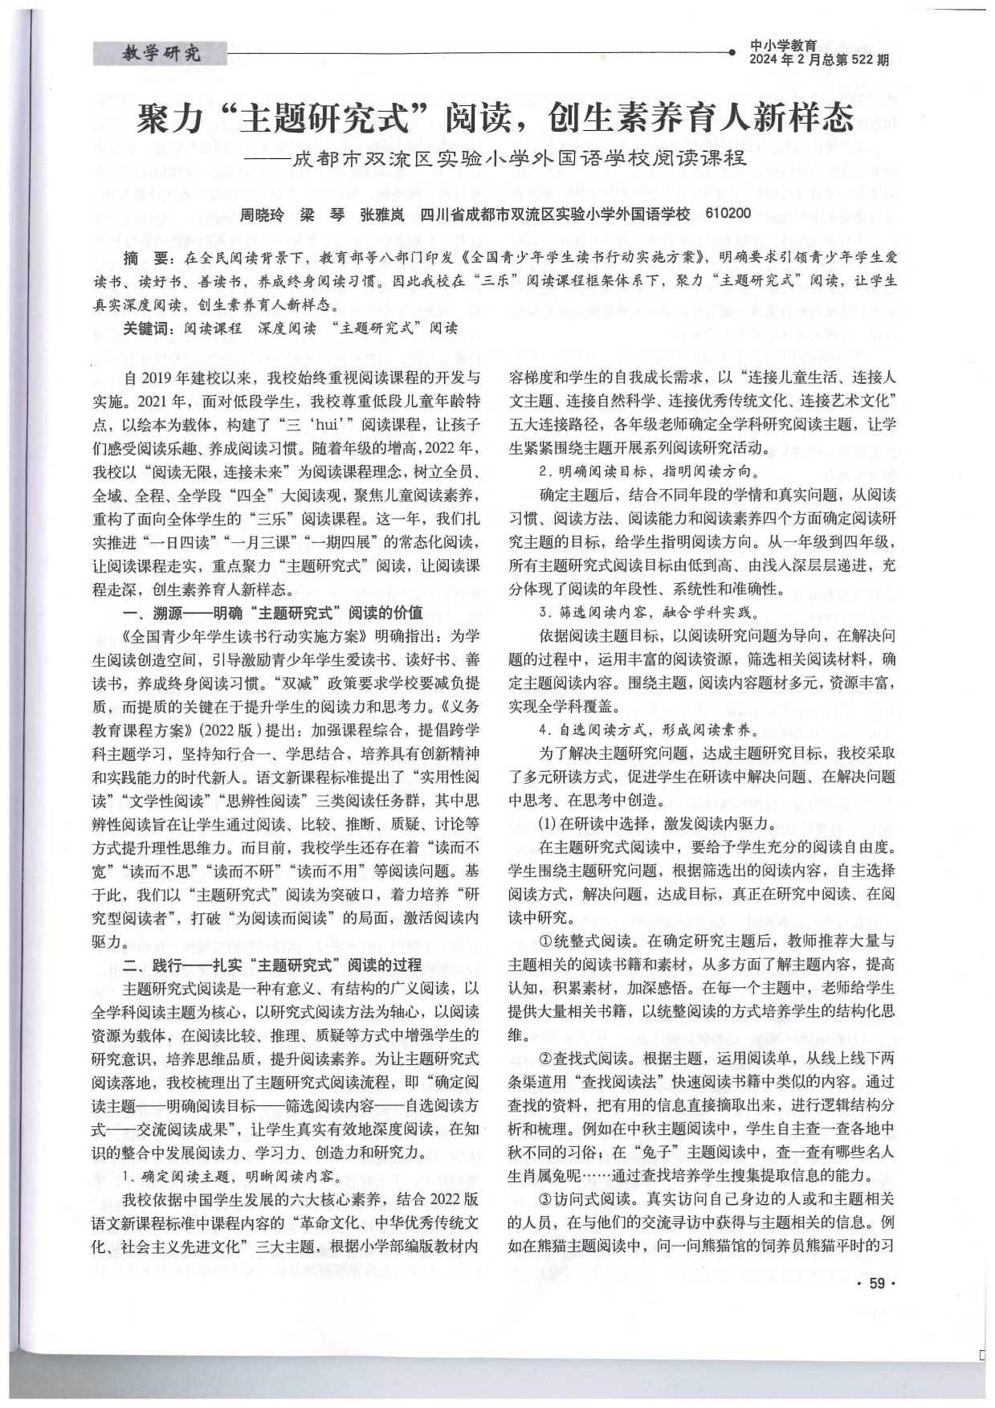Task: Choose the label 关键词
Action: tap(147, 328)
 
